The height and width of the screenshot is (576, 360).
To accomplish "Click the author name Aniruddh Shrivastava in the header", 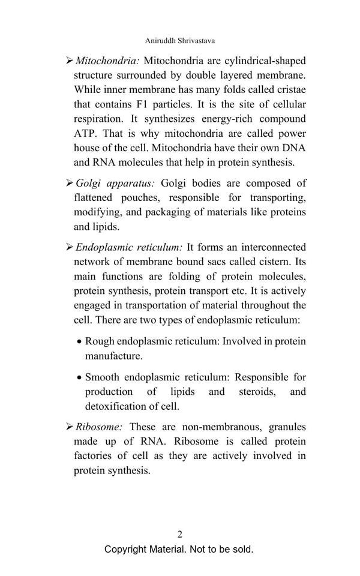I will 180,41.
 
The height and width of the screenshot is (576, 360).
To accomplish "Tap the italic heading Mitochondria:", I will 107,61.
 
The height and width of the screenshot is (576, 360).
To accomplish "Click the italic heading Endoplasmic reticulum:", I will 129,247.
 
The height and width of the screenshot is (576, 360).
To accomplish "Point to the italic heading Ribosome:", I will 99,427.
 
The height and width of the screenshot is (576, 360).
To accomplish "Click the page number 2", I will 180,534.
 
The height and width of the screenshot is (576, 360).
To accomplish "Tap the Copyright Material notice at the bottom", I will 179,549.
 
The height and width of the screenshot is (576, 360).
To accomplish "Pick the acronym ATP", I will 85,133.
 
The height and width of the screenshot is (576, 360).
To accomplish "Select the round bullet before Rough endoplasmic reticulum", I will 79,342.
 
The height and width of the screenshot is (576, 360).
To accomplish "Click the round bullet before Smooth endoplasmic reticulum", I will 79,378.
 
